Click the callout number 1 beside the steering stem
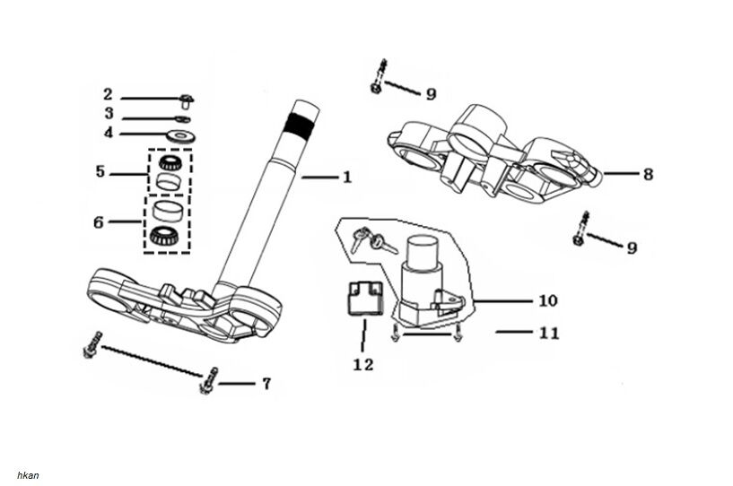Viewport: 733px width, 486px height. pyautogui.click(x=347, y=178)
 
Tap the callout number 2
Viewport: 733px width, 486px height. pyautogui.click(x=108, y=94)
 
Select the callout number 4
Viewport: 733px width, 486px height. pyautogui.click(x=108, y=135)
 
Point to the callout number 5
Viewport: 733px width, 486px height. pyautogui.click(x=100, y=170)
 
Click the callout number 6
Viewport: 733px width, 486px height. pyautogui.click(x=99, y=221)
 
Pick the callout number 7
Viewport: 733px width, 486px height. pyautogui.click(x=266, y=384)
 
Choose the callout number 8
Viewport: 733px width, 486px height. pyautogui.click(x=648, y=174)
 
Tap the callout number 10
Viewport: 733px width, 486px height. pyautogui.click(x=547, y=300)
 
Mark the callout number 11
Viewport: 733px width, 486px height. pyautogui.click(x=549, y=333)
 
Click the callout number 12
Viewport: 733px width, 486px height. pyautogui.click(x=363, y=364)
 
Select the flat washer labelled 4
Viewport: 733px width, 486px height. pyautogui.click(x=183, y=135)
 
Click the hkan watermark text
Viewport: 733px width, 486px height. pyautogui.click(x=28, y=475)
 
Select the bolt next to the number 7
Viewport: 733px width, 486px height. pyautogui.click(x=208, y=382)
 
